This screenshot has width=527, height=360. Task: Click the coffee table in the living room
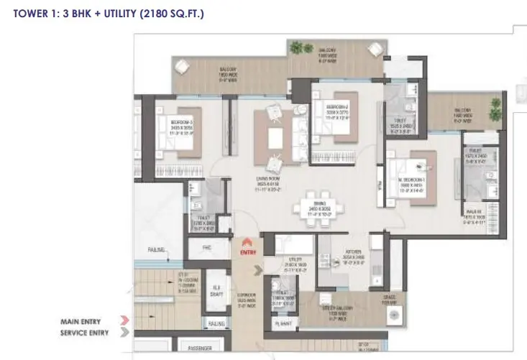pyautogui.click(x=275, y=136)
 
